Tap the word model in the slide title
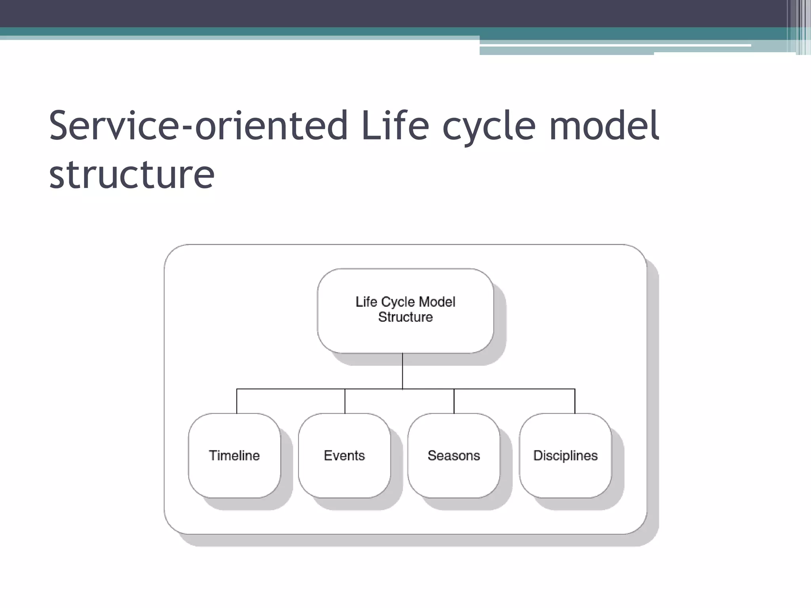coord(604,125)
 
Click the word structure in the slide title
coord(131,174)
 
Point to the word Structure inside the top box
coord(405,317)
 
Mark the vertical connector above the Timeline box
coord(237,401)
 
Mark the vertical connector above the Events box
coord(345,401)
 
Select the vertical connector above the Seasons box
coord(454,401)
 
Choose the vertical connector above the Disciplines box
coord(575,401)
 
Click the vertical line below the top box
coord(402,371)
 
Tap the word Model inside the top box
coord(437,302)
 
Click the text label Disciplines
coord(565,456)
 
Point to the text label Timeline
coord(234,456)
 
